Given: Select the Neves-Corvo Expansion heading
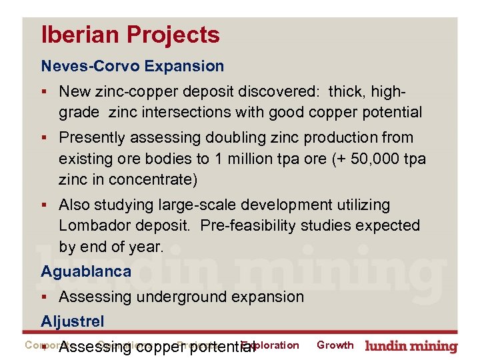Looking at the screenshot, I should pos(133,66).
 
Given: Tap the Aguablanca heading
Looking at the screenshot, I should pos(86,271).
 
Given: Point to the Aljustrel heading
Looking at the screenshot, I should pos(73,321).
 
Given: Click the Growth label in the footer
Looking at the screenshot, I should pos(335,345).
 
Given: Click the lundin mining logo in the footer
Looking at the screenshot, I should pos(411,346).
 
